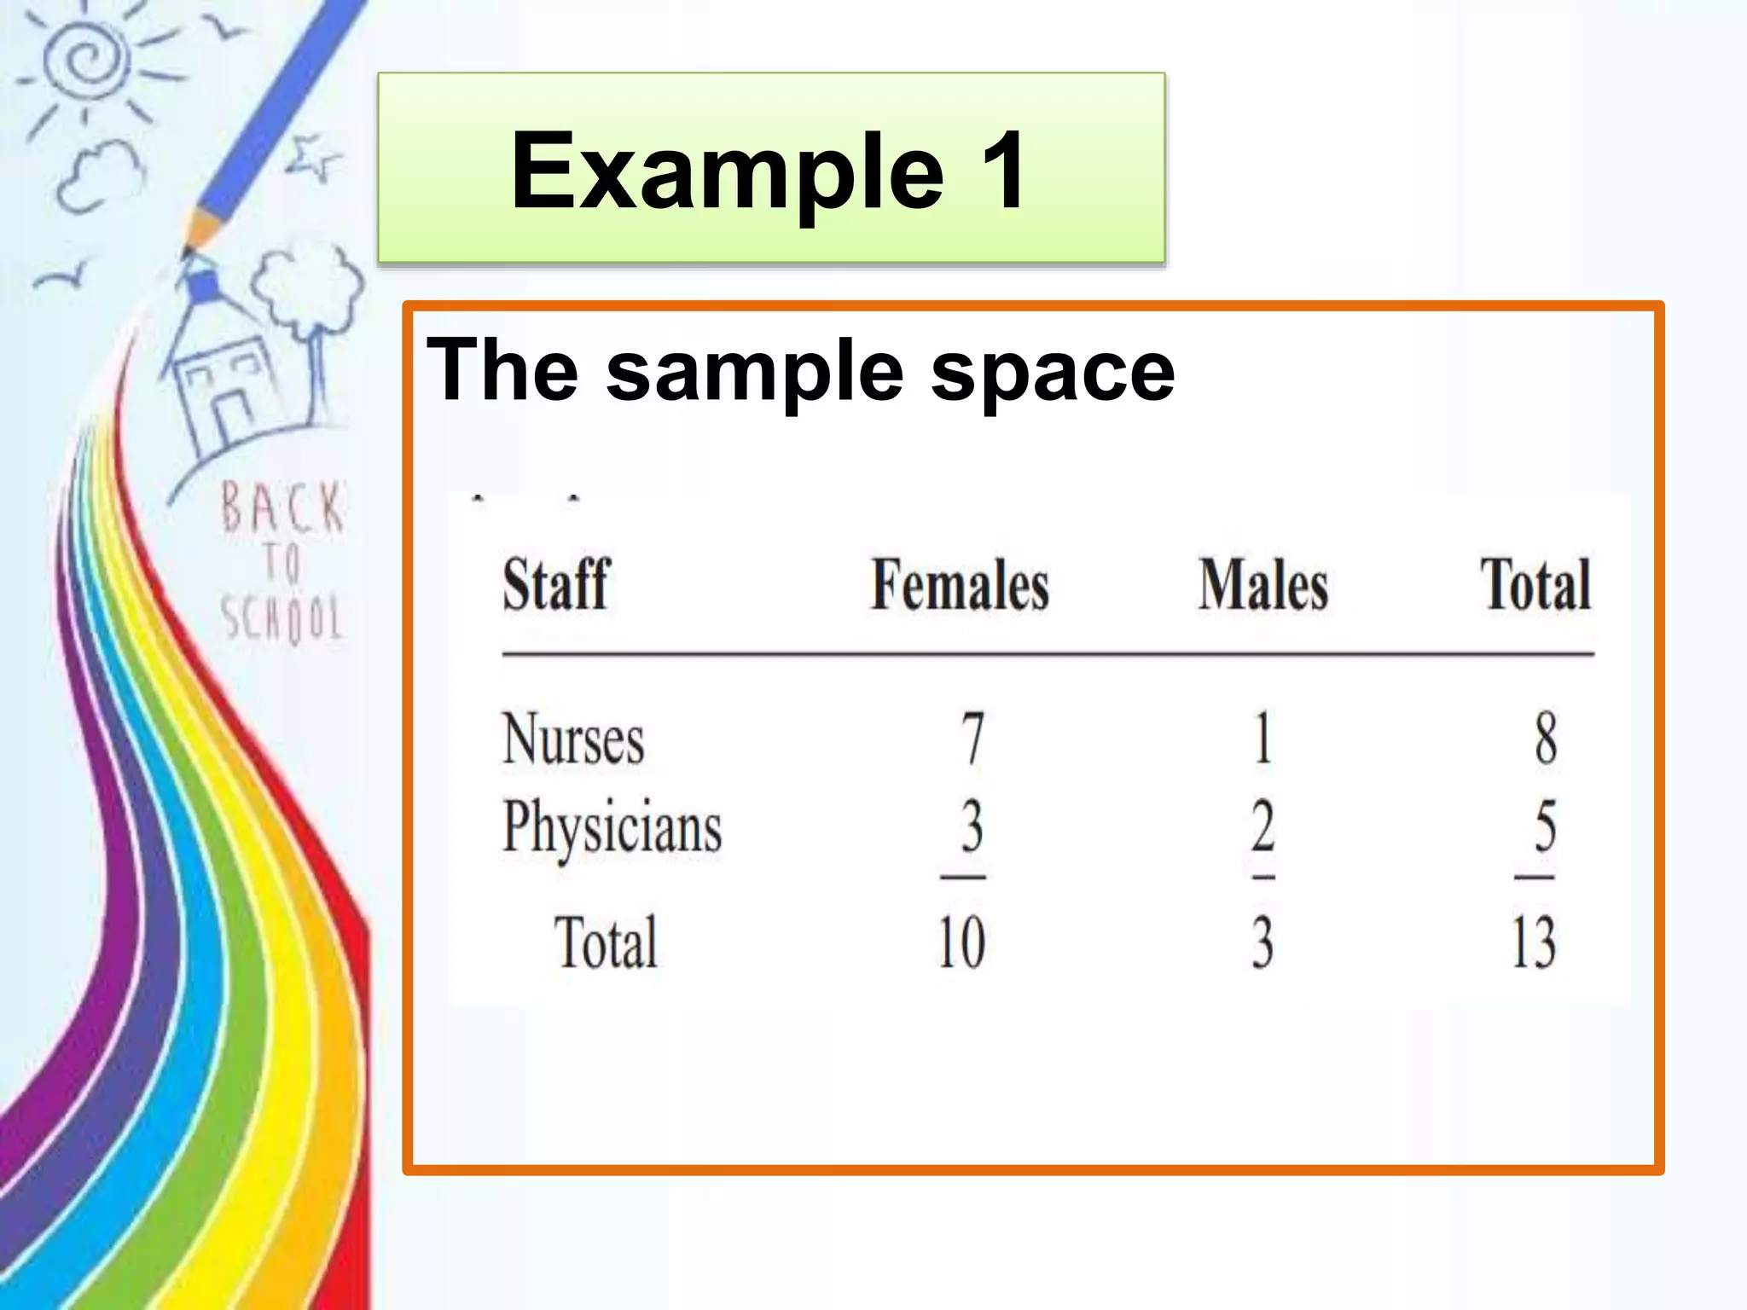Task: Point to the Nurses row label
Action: click(x=573, y=739)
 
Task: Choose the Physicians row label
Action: click(x=612, y=827)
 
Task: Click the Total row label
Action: click(x=607, y=943)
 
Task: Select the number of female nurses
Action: click(x=972, y=739)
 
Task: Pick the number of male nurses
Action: click(x=1263, y=739)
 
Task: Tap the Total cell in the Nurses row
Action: click(x=1546, y=739)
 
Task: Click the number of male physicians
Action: click(x=1263, y=826)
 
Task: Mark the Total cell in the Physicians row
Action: click(x=1546, y=826)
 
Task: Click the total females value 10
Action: click(x=961, y=943)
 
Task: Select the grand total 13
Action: click(x=1534, y=943)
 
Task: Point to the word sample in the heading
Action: click(x=754, y=372)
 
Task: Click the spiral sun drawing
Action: click(x=85, y=60)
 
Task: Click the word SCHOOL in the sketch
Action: click(x=281, y=618)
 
